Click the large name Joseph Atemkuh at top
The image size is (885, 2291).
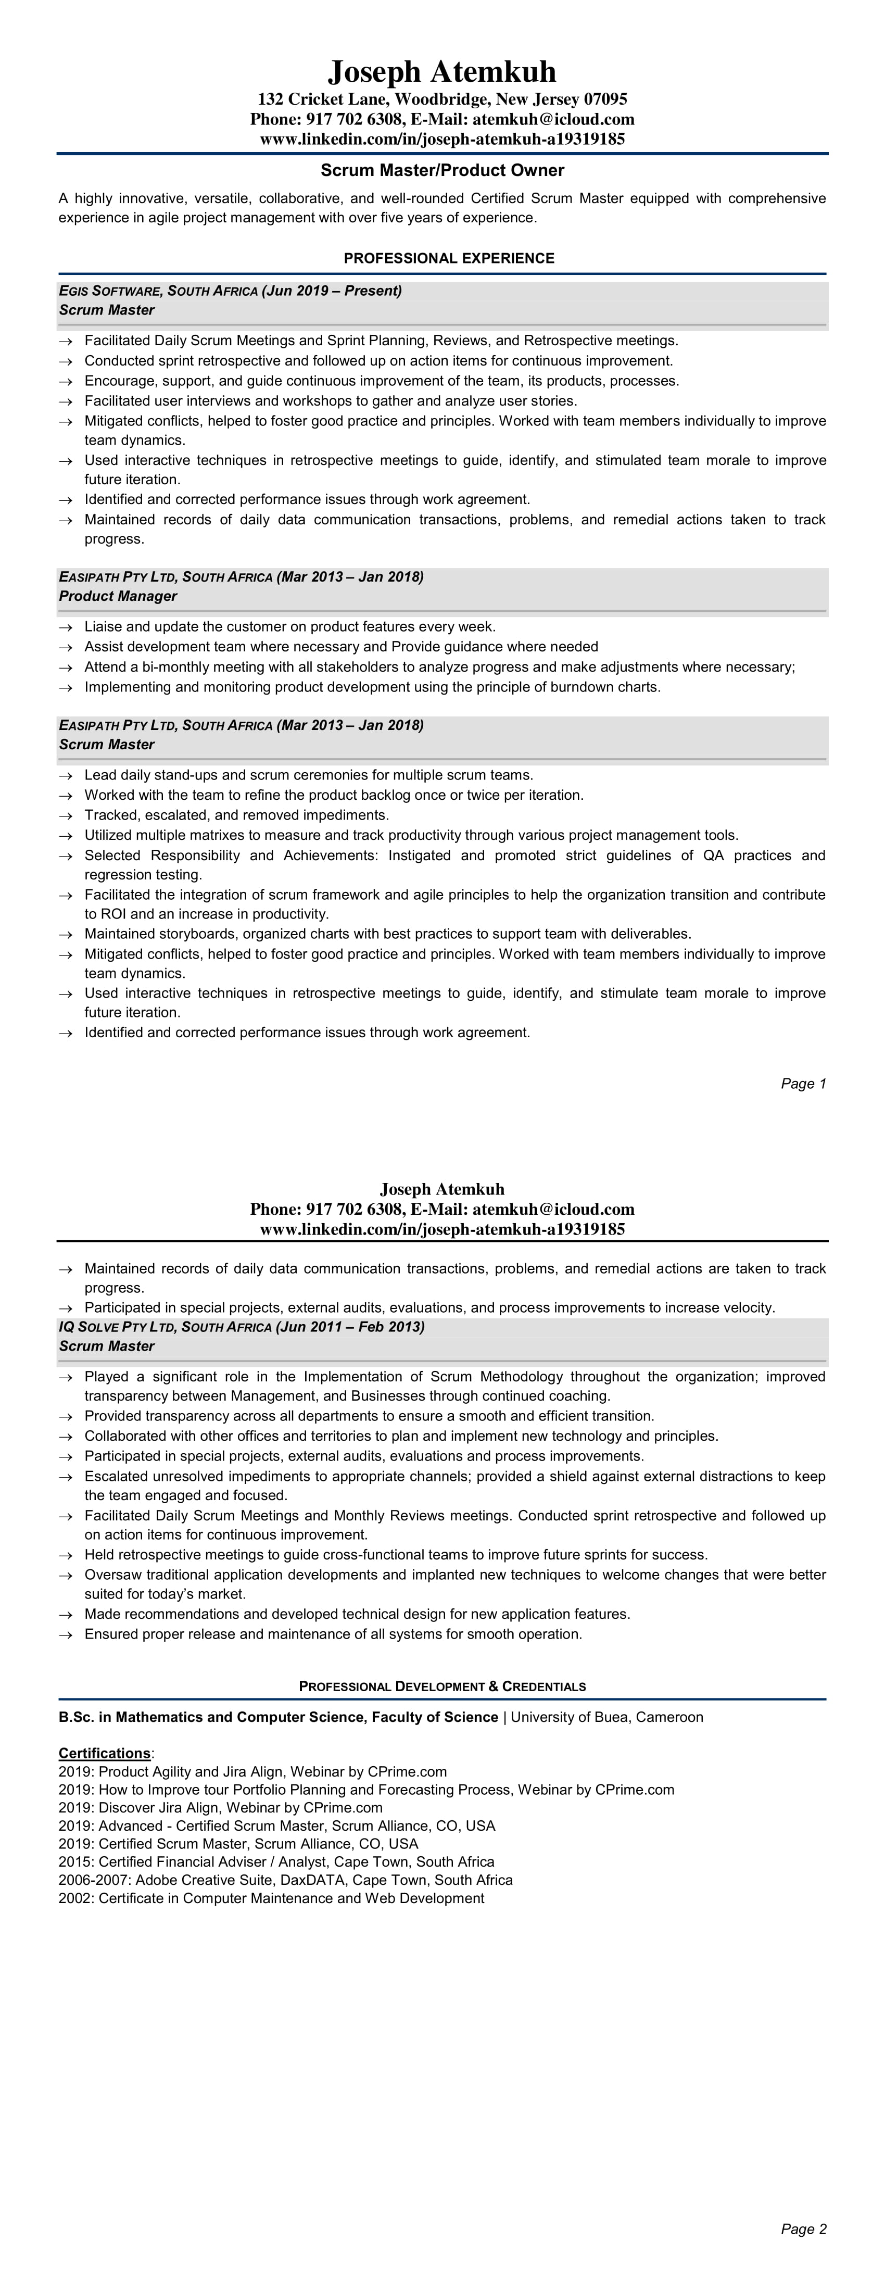pyautogui.click(x=442, y=71)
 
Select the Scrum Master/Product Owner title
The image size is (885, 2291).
pyautogui.click(x=442, y=170)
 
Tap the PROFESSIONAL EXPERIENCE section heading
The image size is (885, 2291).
pyautogui.click(x=449, y=258)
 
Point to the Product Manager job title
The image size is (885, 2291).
pyautogui.click(x=118, y=596)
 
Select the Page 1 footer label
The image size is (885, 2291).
pyautogui.click(x=803, y=1083)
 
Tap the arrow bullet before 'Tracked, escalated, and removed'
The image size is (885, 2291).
pyautogui.click(x=65, y=815)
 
